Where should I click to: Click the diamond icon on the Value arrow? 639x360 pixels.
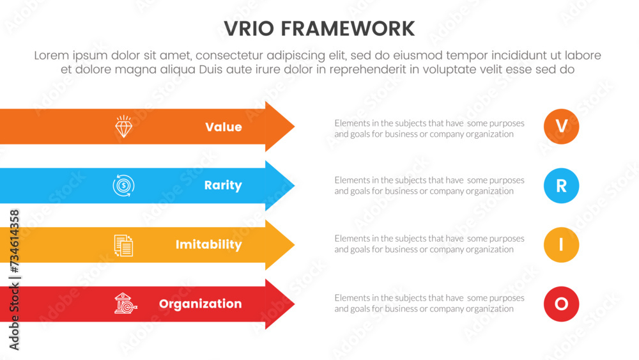point(123,127)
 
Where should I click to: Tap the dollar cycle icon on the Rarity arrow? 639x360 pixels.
point(123,185)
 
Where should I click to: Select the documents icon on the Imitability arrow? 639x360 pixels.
point(123,245)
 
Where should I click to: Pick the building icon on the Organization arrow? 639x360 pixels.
point(123,304)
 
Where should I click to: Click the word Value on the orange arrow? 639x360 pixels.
point(224,127)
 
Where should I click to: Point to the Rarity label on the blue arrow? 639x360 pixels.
point(223,185)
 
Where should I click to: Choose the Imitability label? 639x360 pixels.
point(209,245)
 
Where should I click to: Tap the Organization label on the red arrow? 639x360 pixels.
point(200,304)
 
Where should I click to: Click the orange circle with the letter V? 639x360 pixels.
point(561,127)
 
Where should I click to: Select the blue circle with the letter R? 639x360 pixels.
point(561,185)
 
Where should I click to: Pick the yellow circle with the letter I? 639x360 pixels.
point(561,245)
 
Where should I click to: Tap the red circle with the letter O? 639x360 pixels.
point(561,304)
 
